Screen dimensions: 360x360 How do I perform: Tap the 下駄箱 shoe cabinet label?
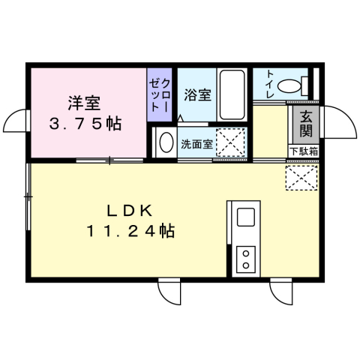click(x=303, y=151)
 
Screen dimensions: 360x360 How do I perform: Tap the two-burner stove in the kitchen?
click(x=245, y=259)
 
